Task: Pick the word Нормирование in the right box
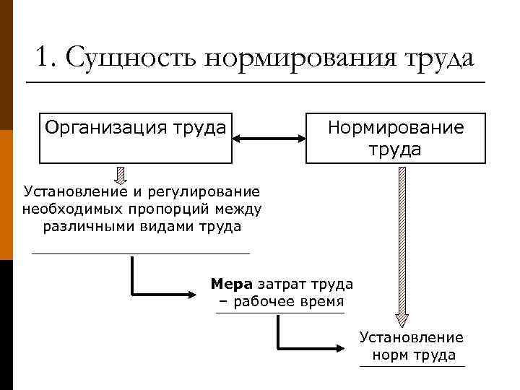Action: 396,128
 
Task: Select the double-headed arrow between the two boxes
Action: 269,137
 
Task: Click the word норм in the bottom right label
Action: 391,355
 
